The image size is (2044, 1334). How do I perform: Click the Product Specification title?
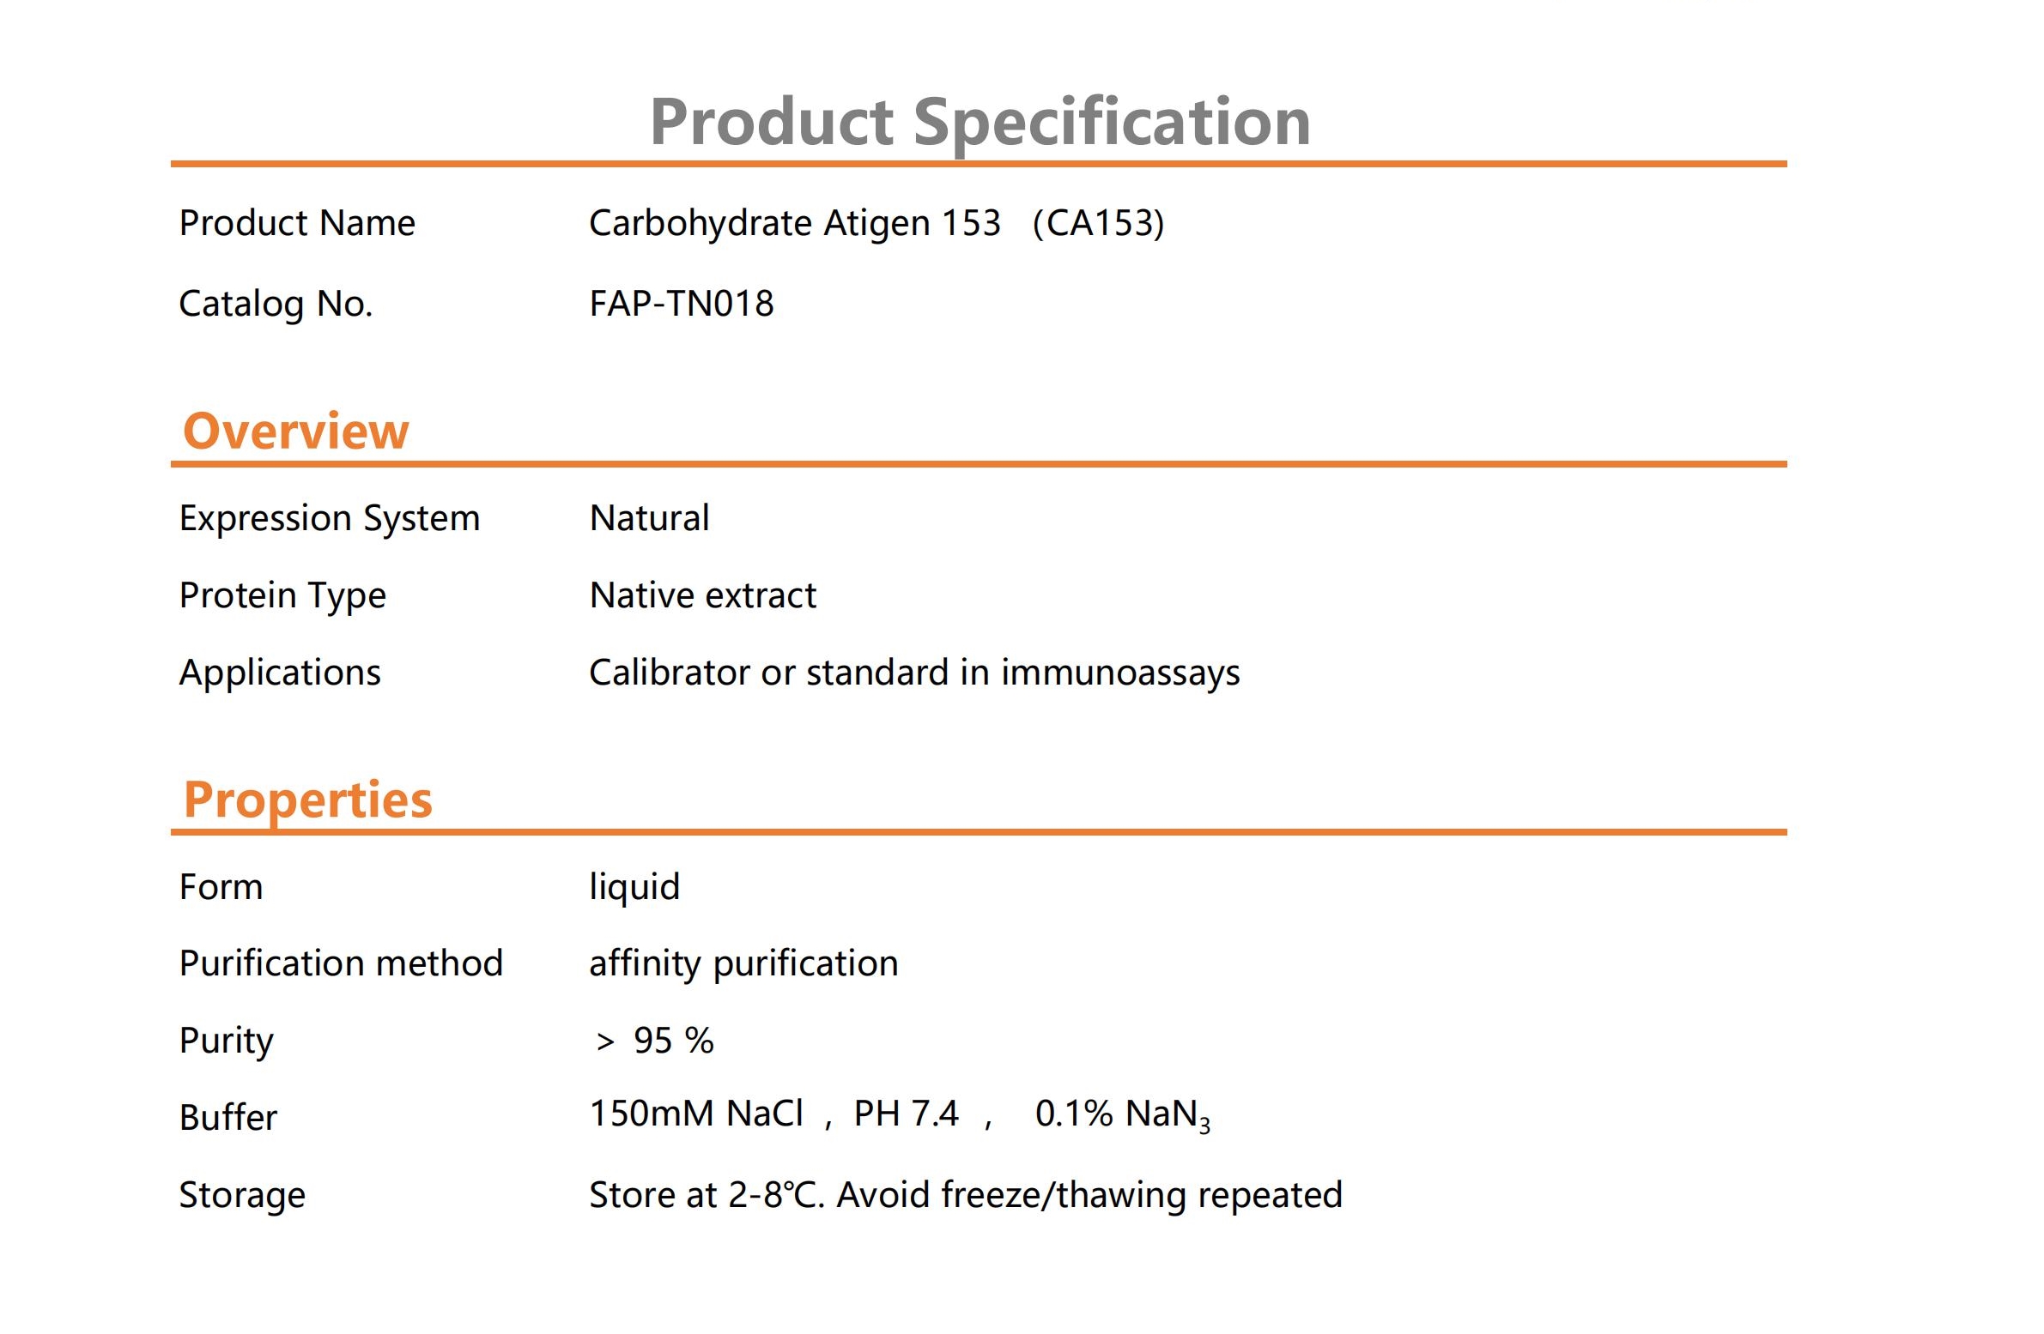(980, 123)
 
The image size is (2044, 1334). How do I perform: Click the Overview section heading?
(295, 430)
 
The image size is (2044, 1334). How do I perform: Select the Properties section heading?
(307, 801)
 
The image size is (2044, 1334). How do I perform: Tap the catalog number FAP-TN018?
(681, 303)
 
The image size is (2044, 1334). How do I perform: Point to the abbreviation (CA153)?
(1099, 222)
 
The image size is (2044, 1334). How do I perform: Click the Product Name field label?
(297, 223)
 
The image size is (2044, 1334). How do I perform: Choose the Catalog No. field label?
(276, 304)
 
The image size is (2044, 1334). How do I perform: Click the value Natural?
(649, 517)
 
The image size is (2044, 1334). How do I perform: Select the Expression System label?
(329, 518)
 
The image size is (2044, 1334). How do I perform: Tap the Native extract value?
(702, 595)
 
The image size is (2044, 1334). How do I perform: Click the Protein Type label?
(282, 595)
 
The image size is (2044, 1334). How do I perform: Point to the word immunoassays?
(1120, 673)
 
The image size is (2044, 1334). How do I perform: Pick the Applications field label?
(280, 673)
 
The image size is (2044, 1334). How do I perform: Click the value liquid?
(634, 888)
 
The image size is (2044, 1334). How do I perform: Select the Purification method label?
(341, 963)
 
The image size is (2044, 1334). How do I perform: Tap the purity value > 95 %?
(654, 1041)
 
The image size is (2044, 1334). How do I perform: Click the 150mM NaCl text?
(695, 1114)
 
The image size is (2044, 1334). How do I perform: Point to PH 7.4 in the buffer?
(905, 1114)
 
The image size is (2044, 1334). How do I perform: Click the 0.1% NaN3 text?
(1123, 1115)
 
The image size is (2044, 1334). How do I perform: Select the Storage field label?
(242, 1196)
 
